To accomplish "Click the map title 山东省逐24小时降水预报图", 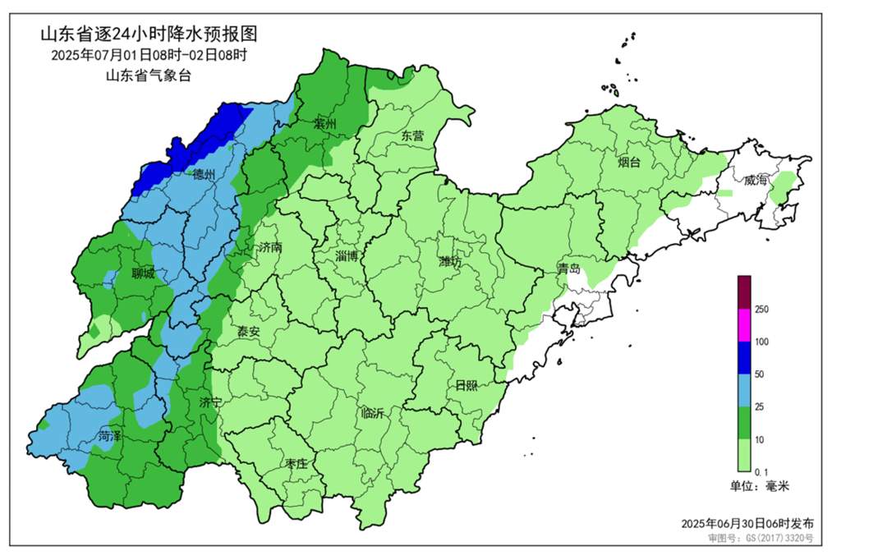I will [x=149, y=34].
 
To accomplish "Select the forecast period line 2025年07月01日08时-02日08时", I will [x=149, y=56].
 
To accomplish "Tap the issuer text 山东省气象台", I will [x=149, y=76].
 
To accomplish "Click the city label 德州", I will [x=204, y=175].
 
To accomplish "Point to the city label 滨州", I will [x=325, y=125].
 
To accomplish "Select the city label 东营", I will [x=412, y=136].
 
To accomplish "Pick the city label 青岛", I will [x=568, y=269].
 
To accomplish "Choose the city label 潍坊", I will [x=451, y=262].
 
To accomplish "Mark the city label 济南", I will [x=270, y=246].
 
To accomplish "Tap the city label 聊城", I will [x=143, y=274].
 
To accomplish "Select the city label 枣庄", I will [x=296, y=464].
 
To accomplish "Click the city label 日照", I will [x=466, y=385].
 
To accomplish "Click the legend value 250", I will [x=761, y=309].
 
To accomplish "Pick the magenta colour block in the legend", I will [x=744, y=324].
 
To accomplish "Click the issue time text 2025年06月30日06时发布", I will [x=747, y=523].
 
